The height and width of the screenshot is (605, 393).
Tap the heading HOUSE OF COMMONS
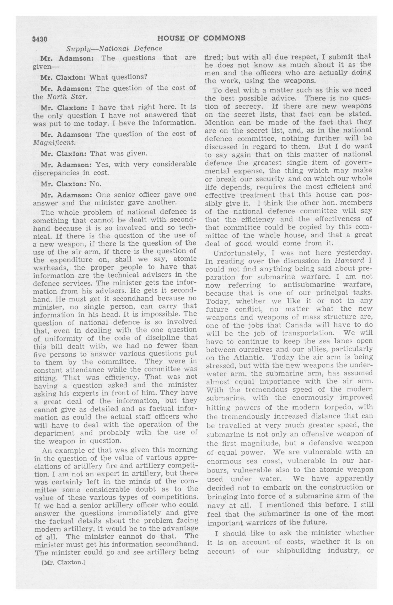click(201, 38)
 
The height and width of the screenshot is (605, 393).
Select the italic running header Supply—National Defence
click(114, 48)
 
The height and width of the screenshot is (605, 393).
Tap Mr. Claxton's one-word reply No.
click(96, 184)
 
